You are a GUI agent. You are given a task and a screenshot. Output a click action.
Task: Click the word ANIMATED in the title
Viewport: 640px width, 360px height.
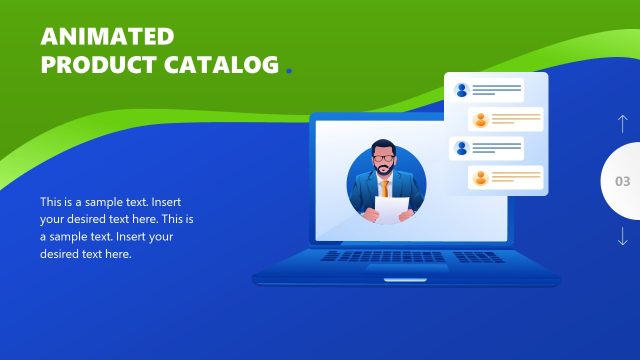[107, 37]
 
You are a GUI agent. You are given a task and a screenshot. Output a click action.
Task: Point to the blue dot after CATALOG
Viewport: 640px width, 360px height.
[289, 71]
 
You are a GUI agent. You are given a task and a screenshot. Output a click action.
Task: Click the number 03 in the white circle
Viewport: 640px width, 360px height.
[622, 182]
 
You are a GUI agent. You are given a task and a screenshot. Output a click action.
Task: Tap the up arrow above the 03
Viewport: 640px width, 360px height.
[622, 125]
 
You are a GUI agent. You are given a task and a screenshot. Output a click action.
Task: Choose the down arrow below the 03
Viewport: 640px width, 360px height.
[622, 237]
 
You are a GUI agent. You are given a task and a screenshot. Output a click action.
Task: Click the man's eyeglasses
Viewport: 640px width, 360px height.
[385, 158]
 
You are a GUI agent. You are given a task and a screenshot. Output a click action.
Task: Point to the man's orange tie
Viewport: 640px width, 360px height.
[385, 186]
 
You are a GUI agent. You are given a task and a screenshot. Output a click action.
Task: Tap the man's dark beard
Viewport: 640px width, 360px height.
[385, 170]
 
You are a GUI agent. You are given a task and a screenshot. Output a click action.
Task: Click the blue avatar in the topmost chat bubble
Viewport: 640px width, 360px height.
[461, 90]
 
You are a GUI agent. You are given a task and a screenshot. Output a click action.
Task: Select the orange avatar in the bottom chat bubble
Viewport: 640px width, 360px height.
[480, 179]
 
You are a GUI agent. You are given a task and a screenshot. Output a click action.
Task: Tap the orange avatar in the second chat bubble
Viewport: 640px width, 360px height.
[480, 120]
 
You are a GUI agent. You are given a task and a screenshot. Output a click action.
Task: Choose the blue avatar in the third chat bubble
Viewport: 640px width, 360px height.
[461, 148]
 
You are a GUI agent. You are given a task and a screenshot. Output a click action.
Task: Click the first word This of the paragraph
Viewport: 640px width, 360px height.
[51, 201]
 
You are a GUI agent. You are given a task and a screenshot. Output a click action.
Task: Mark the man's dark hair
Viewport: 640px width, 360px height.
[384, 145]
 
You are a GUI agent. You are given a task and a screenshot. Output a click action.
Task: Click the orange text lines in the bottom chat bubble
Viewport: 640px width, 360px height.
[516, 179]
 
